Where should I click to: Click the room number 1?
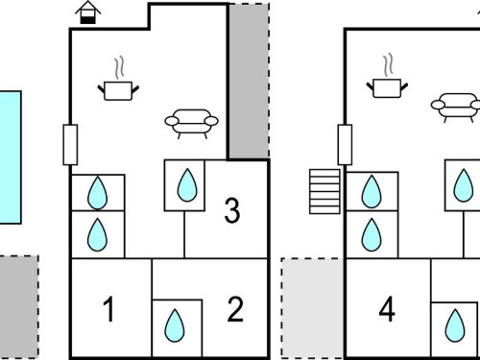[109, 309]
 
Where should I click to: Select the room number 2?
[235, 309]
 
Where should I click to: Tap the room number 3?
[232, 210]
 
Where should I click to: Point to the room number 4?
[387, 309]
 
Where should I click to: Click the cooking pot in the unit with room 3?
[118, 91]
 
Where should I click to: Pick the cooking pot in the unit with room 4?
[387, 88]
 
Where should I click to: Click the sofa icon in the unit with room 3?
[192, 124]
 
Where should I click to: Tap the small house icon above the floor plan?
[87, 12]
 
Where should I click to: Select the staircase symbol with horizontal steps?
[324, 191]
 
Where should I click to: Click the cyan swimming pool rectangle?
[11, 157]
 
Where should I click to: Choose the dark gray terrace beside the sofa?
[249, 81]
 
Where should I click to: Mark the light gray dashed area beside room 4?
[312, 308]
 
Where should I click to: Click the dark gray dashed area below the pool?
[18, 306]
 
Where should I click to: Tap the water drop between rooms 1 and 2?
[175, 325]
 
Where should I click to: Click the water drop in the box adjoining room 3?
[187, 185]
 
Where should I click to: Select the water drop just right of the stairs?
[372, 191]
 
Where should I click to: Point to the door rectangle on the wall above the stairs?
[345, 145]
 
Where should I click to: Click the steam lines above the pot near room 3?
[119, 68]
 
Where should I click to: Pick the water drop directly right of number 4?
[455, 325]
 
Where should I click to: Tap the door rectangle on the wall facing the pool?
[70, 145]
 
